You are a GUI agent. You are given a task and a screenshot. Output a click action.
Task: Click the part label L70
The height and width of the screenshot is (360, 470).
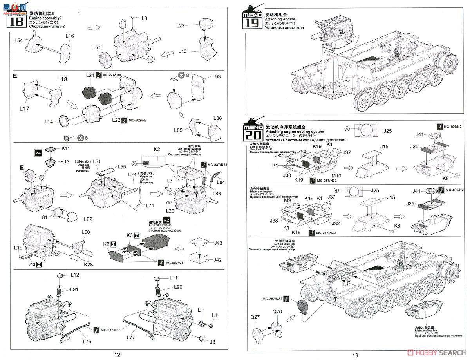click(98, 48)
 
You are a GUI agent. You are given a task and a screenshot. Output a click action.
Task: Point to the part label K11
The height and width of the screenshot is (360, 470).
click(66, 149)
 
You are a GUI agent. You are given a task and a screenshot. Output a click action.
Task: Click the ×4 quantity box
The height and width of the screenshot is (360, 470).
click(38, 153)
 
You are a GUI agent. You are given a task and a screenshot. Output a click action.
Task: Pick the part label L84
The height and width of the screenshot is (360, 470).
click(221, 182)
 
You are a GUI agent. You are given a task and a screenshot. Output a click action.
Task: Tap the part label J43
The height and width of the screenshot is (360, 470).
click(218, 243)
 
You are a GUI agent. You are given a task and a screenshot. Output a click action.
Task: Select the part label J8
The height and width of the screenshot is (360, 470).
click(213, 342)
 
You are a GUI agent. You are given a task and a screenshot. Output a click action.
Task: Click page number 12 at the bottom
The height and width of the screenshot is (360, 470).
click(117, 355)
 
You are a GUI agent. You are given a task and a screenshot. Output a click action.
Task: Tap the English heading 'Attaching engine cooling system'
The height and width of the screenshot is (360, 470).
click(295, 132)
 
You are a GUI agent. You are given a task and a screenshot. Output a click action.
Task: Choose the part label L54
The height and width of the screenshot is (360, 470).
click(19, 40)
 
